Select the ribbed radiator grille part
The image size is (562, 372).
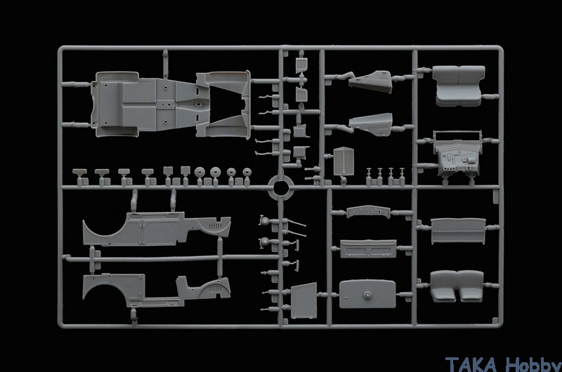pyautogui.click(x=344, y=161)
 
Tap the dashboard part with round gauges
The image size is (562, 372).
pyautogui.click(x=368, y=211)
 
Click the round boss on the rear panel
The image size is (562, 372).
pyautogui.click(x=367, y=295)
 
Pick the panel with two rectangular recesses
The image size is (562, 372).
pyautogui.click(x=368, y=248)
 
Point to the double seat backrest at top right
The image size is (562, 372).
pyautogui.click(x=459, y=85)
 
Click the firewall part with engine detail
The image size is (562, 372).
pyautogui.click(x=458, y=154)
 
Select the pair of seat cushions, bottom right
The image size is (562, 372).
pyautogui.click(x=457, y=286)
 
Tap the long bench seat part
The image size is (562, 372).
pyautogui.click(x=458, y=230)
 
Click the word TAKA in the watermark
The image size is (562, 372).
pyautogui.click(x=471, y=364)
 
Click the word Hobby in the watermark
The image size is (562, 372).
pyautogui.click(x=533, y=364)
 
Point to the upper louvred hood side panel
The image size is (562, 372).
pyautogui.click(x=371, y=81)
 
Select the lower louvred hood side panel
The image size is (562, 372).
pyautogui.click(x=372, y=124)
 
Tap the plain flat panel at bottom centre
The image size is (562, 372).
pyautogui.click(x=304, y=300)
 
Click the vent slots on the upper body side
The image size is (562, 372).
pyautogui.click(x=215, y=226)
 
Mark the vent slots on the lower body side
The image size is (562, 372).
pyautogui.click(x=215, y=288)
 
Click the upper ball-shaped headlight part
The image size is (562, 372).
pyautogui.click(x=266, y=221)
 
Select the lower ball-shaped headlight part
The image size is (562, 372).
pyautogui.click(x=266, y=242)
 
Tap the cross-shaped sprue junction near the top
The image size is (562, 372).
pyautogui.click(x=301, y=80)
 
